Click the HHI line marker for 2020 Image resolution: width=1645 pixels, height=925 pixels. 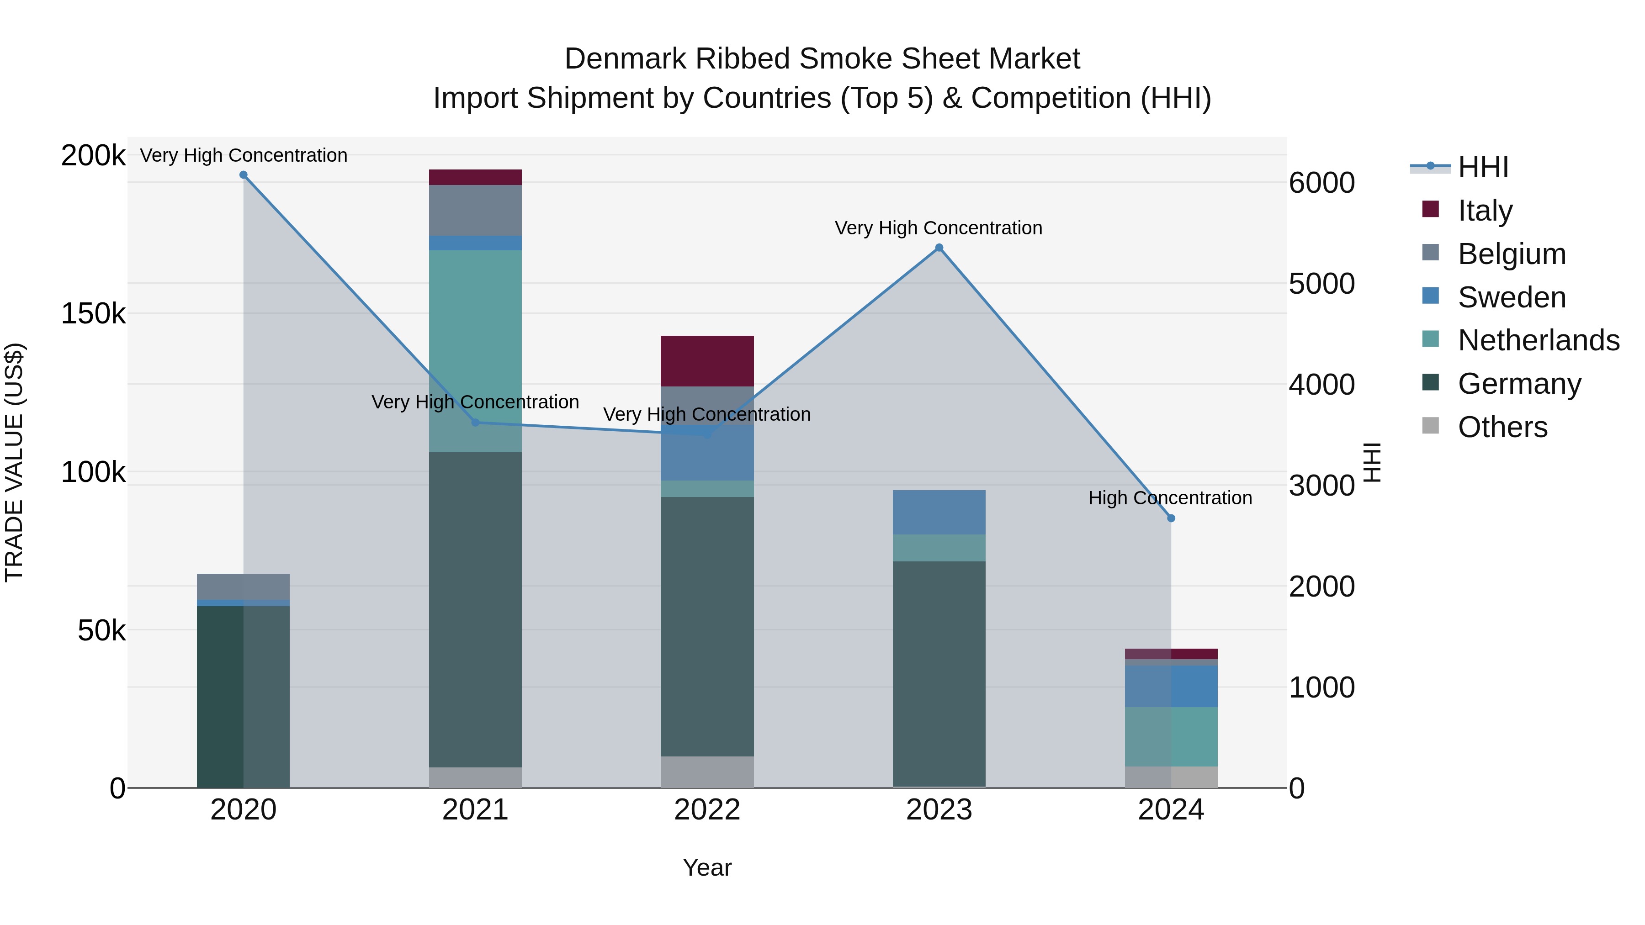click(243, 175)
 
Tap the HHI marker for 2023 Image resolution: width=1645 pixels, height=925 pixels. click(939, 248)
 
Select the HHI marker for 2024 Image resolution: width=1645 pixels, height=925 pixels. click(1171, 518)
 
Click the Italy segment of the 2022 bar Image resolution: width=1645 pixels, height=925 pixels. click(707, 361)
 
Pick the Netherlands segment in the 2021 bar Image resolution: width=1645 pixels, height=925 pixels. click(475, 351)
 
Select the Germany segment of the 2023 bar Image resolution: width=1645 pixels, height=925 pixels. click(939, 673)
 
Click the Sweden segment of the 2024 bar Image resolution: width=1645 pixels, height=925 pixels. click(1171, 686)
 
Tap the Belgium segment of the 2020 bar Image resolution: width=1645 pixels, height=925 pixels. click(243, 587)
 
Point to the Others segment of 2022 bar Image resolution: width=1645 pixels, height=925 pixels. click(707, 772)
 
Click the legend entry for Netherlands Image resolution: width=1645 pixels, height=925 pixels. click(1539, 340)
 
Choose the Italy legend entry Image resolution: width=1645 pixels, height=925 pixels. click(1485, 210)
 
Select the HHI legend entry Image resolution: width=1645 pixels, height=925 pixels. click(1483, 167)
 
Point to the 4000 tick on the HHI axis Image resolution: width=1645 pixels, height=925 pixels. click(1321, 384)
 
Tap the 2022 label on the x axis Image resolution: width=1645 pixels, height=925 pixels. click(707, 810)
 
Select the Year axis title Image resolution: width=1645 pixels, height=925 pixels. click(707, 867)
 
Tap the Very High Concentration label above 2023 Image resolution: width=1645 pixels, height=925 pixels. click(938, 228)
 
